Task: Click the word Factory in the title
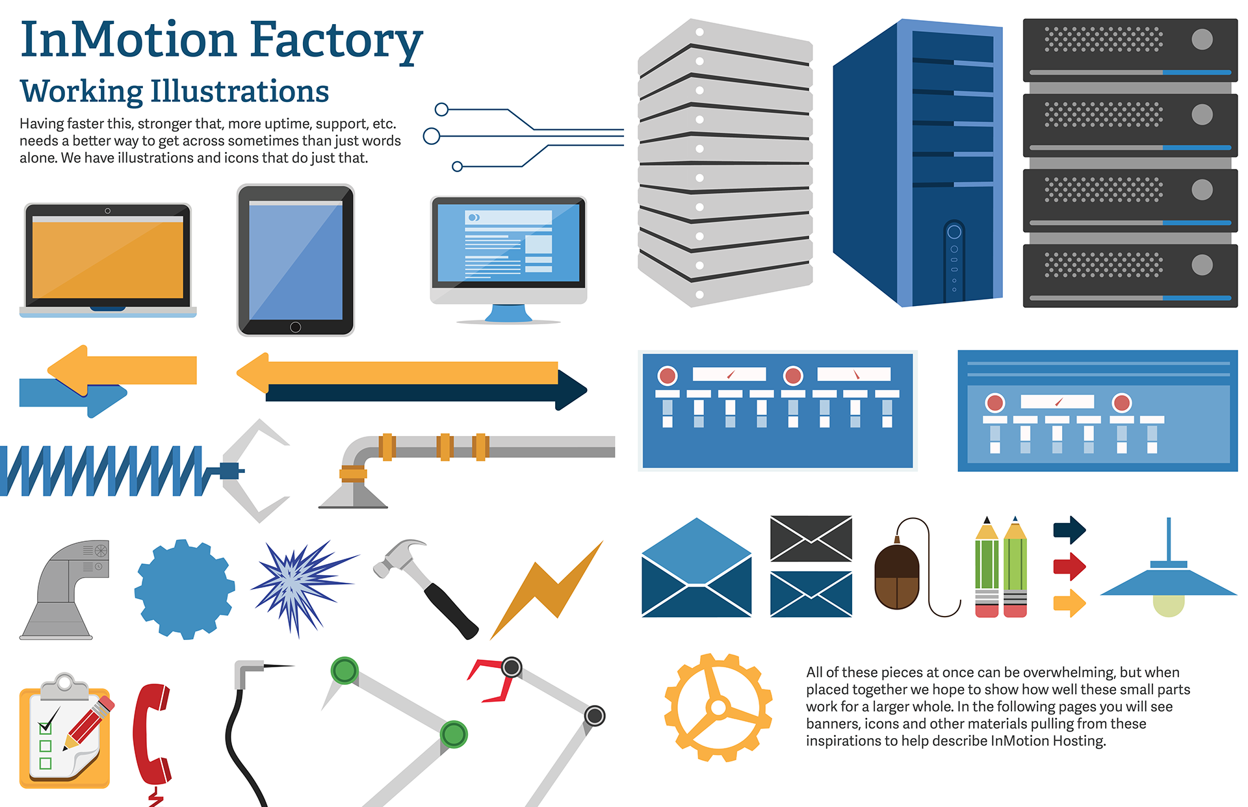pos(335,40)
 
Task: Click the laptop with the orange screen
pos(108,259)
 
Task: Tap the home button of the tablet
pos(295,327)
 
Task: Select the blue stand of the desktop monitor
pos(509,313)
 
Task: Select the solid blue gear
pos(185,589)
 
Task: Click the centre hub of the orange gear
pos(718,708)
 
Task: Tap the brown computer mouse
pos(897,577)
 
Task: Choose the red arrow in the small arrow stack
pos(1069,566)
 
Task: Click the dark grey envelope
pos(811,539)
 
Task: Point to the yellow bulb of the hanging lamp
pos(1168,605)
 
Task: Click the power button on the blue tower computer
pos(954,232)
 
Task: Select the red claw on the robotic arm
pos(490,680)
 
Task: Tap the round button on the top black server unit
pos(1202,40)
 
